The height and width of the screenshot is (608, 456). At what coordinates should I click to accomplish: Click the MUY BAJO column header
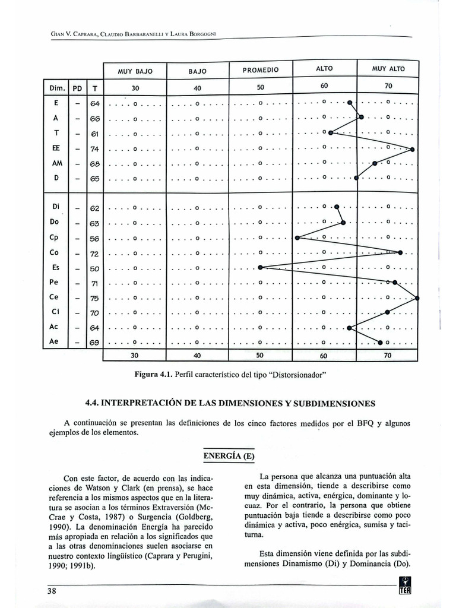[x=135, y=71]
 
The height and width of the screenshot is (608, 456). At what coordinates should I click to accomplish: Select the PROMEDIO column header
[x=261, y=70]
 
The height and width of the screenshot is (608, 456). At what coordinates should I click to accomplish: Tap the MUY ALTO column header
[x=388, y=69]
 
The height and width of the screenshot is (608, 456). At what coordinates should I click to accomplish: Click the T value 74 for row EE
[x=95, y=149]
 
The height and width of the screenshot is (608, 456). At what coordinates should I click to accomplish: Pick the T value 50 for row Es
[x=95, y=268]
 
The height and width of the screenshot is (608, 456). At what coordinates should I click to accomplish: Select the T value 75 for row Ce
[x=95, y=298]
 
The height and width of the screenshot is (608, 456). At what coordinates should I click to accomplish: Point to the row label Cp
[x=54, y=237]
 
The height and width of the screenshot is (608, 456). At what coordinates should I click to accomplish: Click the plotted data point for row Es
[x=260, y=268]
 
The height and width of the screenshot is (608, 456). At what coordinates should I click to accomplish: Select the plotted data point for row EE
[x=412, y=149]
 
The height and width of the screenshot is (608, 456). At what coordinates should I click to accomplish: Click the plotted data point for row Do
[x=343, y=223]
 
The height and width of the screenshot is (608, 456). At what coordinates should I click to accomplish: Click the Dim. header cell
[x=56, y=88]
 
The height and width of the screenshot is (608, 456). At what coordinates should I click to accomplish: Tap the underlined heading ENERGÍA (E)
[x=229, y=455]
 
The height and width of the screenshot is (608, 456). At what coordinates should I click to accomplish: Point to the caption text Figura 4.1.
[x=155, y=375]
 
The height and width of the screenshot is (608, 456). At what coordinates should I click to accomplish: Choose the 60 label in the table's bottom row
[x=324, y=356]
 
